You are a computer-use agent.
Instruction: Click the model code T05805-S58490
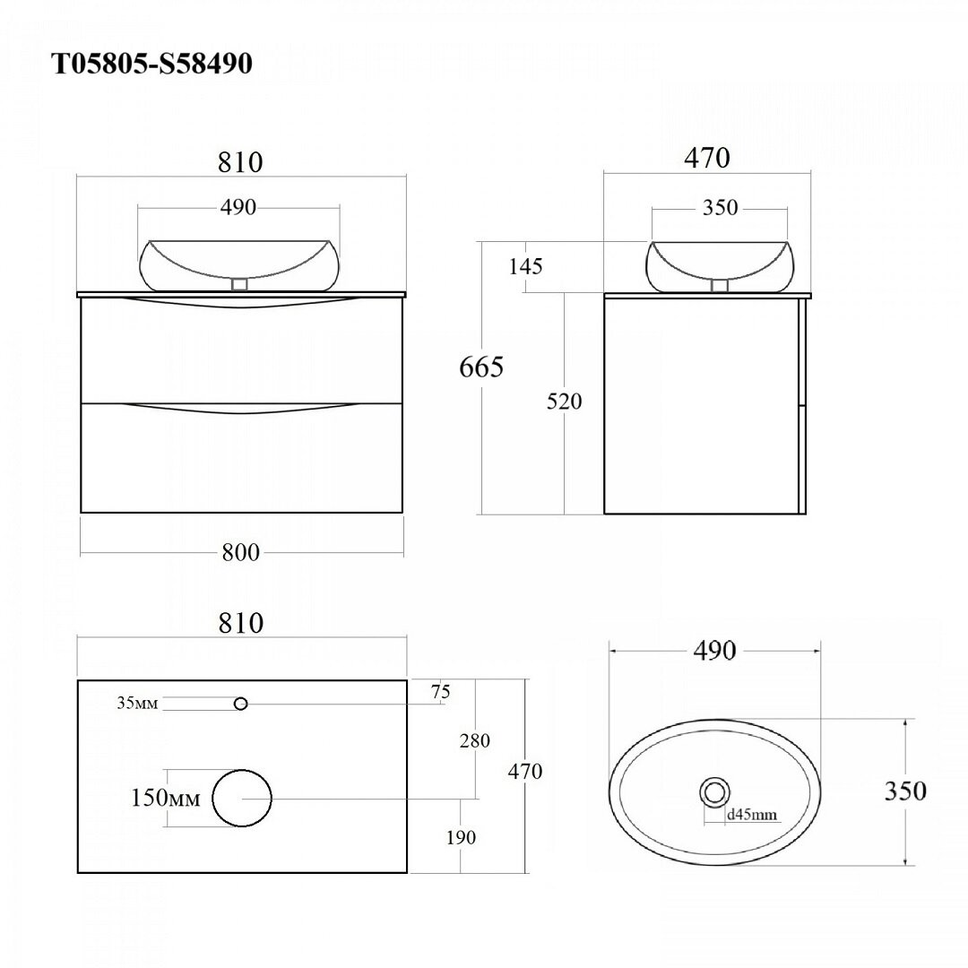(151, 64)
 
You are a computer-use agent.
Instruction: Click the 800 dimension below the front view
(241, 552)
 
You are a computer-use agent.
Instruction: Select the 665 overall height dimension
(481, 367)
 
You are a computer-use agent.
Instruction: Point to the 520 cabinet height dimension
(565, 402)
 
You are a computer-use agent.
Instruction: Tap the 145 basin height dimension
(526, 266)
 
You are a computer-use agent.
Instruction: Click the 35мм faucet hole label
(138, 703)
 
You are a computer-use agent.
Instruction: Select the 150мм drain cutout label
(166, 798)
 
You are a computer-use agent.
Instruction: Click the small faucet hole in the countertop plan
(241, 704)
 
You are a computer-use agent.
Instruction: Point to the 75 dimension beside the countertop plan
(441, 692)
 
